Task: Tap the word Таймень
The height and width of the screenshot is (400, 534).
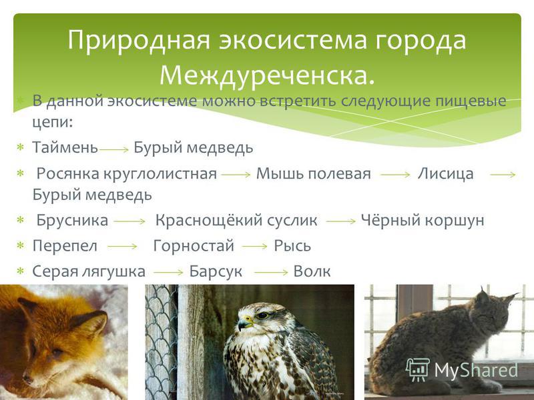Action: point(65,147)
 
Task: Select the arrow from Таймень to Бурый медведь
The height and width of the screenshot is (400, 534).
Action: point(114,149)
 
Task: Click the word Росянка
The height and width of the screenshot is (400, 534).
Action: point(69,173)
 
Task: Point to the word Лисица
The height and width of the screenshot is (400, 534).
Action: point(445,173)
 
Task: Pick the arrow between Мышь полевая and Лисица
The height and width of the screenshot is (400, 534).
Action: point(395,175)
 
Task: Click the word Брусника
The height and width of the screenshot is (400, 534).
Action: point(72,220)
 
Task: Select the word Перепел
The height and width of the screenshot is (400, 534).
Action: point(65,245)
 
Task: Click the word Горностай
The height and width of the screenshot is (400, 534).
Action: point(194,245)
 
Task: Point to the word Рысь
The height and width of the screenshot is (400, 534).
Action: point(292,246)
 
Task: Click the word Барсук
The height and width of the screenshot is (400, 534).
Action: point(216,271)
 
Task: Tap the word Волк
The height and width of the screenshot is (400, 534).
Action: point(312,271)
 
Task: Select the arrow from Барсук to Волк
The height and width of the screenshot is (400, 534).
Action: point(271,273)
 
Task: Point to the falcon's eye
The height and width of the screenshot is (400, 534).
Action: point(262,315)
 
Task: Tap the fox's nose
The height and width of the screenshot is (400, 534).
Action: point(27,378)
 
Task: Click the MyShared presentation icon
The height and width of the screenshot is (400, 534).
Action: point(418,370)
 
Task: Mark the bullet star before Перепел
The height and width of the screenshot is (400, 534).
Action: point(21,245)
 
